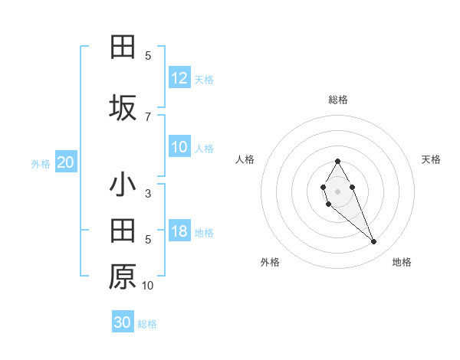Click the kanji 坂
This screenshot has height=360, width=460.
pos(123,109)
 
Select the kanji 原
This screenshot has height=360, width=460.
pos(123,277)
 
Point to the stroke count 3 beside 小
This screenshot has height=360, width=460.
pos(148,194)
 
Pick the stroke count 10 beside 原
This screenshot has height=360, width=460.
pos(148,286)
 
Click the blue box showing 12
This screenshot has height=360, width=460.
pos(179,78)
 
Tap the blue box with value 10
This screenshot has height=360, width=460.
pos(179,148)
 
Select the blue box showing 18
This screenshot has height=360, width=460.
pos(179,232)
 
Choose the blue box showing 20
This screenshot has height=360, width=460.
pos(65,162)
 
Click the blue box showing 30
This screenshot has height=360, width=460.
pos(123,322)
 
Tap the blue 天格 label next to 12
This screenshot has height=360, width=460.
pos(204,79)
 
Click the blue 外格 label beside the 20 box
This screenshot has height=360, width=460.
pos(41,163)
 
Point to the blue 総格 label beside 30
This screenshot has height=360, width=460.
pos(147,324)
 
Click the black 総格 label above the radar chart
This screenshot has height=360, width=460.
pos(337,100)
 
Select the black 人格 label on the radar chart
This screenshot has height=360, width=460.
pos(245,159)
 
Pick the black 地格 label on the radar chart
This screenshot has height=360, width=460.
pos(402,262)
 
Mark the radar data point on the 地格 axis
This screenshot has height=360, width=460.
pos(374,242)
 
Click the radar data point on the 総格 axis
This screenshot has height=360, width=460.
pos(337,161)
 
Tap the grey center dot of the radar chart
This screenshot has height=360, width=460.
pos(337,190)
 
